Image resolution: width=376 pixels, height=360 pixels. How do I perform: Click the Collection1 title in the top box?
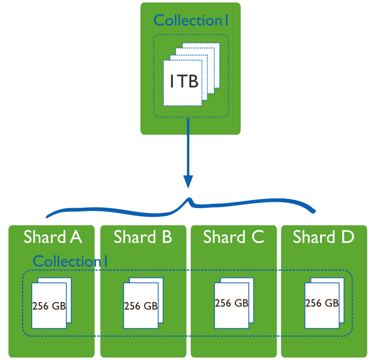(191, 20)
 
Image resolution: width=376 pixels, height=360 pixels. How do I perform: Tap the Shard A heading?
(52, 237)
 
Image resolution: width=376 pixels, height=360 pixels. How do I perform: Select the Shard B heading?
(142, 237)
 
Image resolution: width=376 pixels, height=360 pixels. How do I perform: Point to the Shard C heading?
(233, 237)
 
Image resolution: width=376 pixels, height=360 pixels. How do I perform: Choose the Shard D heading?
(323, 237)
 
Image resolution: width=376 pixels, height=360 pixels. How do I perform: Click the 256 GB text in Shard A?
(49, 306)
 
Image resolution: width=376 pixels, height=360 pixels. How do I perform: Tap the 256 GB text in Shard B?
(141, 306)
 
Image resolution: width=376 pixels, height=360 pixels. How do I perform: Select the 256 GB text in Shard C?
(232, 303)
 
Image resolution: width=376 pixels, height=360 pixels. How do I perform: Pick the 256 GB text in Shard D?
(322, 303)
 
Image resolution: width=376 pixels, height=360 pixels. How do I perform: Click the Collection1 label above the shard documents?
(70, 261)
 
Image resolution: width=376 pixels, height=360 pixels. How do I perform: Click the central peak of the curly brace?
(189, 200)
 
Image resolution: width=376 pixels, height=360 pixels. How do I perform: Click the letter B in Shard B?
(166, 237)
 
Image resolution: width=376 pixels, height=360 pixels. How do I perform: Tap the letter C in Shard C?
(257, 237)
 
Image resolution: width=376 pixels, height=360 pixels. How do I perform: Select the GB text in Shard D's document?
(331, 303)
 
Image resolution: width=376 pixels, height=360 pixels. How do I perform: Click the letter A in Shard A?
(76, 237)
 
